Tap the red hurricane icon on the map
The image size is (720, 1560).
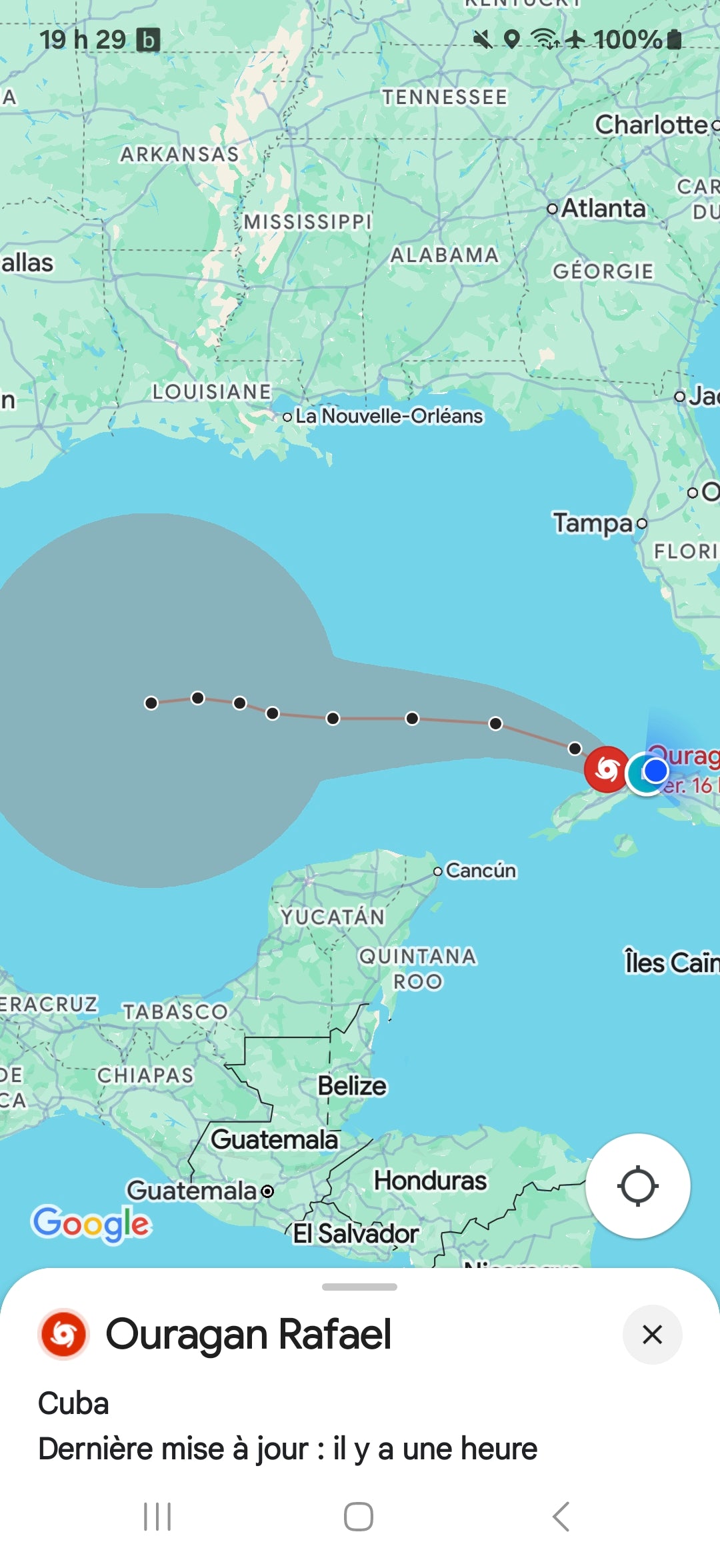pos(607,769)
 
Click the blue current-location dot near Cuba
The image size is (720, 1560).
pos(656,771)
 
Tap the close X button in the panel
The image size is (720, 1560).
pos(652,1335)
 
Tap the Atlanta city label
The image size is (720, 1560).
pos(603,209)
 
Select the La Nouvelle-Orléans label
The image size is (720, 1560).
pos(389,416)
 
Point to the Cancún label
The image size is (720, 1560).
pos(481,871)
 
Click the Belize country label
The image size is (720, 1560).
pos(352,1086)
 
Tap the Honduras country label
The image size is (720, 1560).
pos(430,1181)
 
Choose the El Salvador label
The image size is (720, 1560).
pos(356,1233)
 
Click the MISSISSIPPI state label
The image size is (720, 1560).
pos(307,221)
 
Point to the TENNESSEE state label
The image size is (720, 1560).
pos(445,97)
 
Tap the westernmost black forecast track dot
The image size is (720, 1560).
pos(151,703)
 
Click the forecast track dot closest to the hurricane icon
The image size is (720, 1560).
pos(575,749)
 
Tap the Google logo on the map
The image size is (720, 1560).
pos(91,1224)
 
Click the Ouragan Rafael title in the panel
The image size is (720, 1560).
pos(249,1335)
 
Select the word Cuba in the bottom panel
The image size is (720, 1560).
pos(73,1403)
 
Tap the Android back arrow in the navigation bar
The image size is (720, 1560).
pos(561,1517)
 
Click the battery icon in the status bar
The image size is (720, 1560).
pos(675,39)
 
